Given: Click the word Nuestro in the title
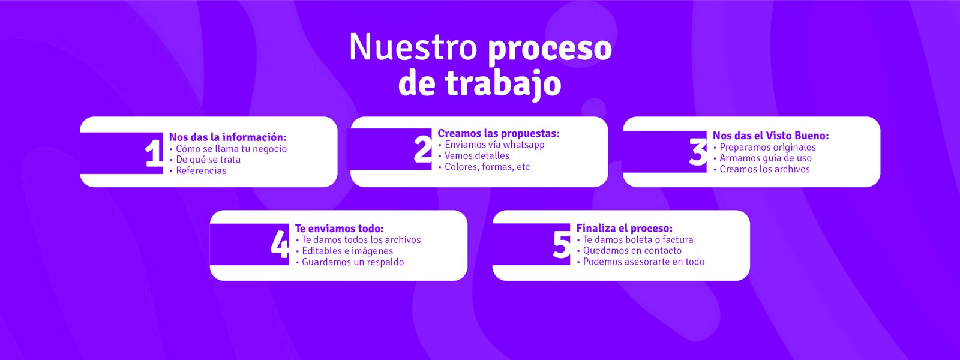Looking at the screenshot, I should [x=413, y=47].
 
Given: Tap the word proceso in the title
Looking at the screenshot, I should [x=550, y=48].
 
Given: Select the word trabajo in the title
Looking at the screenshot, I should [x=503, y=84].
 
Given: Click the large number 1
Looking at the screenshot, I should [x=154, y=153].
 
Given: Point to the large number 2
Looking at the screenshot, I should [x=423, y=149].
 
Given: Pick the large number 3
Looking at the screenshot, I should [x=698, y=152].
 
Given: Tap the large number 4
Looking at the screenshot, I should [x=280, y=244].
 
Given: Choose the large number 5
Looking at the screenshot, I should [x=562, y=245].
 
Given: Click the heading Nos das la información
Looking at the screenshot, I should [x=227, y=137].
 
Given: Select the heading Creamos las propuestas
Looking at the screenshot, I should [x=498, y=133].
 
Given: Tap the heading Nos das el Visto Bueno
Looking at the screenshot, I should [x=770, y=136].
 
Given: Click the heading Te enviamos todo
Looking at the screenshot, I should [x=339, y=229].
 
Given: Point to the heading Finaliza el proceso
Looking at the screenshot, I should [x=624, y=228].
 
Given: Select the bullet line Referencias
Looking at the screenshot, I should [x=201, y=170].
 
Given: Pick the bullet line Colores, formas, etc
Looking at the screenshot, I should [x=487, y=167].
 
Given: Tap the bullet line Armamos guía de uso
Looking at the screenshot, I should [x=765, y=158].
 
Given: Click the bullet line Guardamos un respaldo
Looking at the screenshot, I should [x=352, y=262].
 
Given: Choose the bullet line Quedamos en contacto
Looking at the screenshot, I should [x=632, y=250].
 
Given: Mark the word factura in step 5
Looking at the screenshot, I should [x=677, y=239].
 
